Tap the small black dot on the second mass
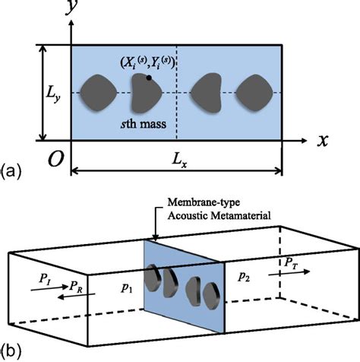tap(149, 78)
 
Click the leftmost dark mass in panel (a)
tap(99, 93)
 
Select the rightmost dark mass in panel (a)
tap(254, 93)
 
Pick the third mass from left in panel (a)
tap(207, 93)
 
